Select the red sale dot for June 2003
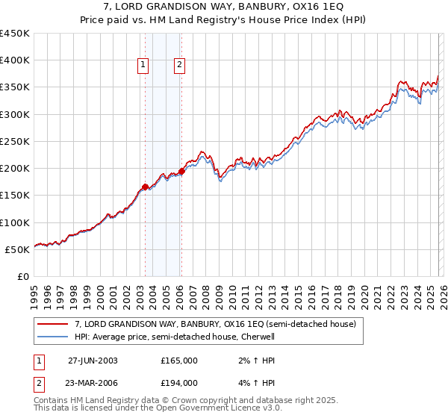coord(145,187)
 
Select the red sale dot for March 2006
coord(181,172)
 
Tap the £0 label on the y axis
coord(22,276)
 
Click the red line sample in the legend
coord(54,325)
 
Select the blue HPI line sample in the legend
coord(54,337)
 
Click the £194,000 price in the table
coord(178,382)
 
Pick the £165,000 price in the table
coord(178,360)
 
